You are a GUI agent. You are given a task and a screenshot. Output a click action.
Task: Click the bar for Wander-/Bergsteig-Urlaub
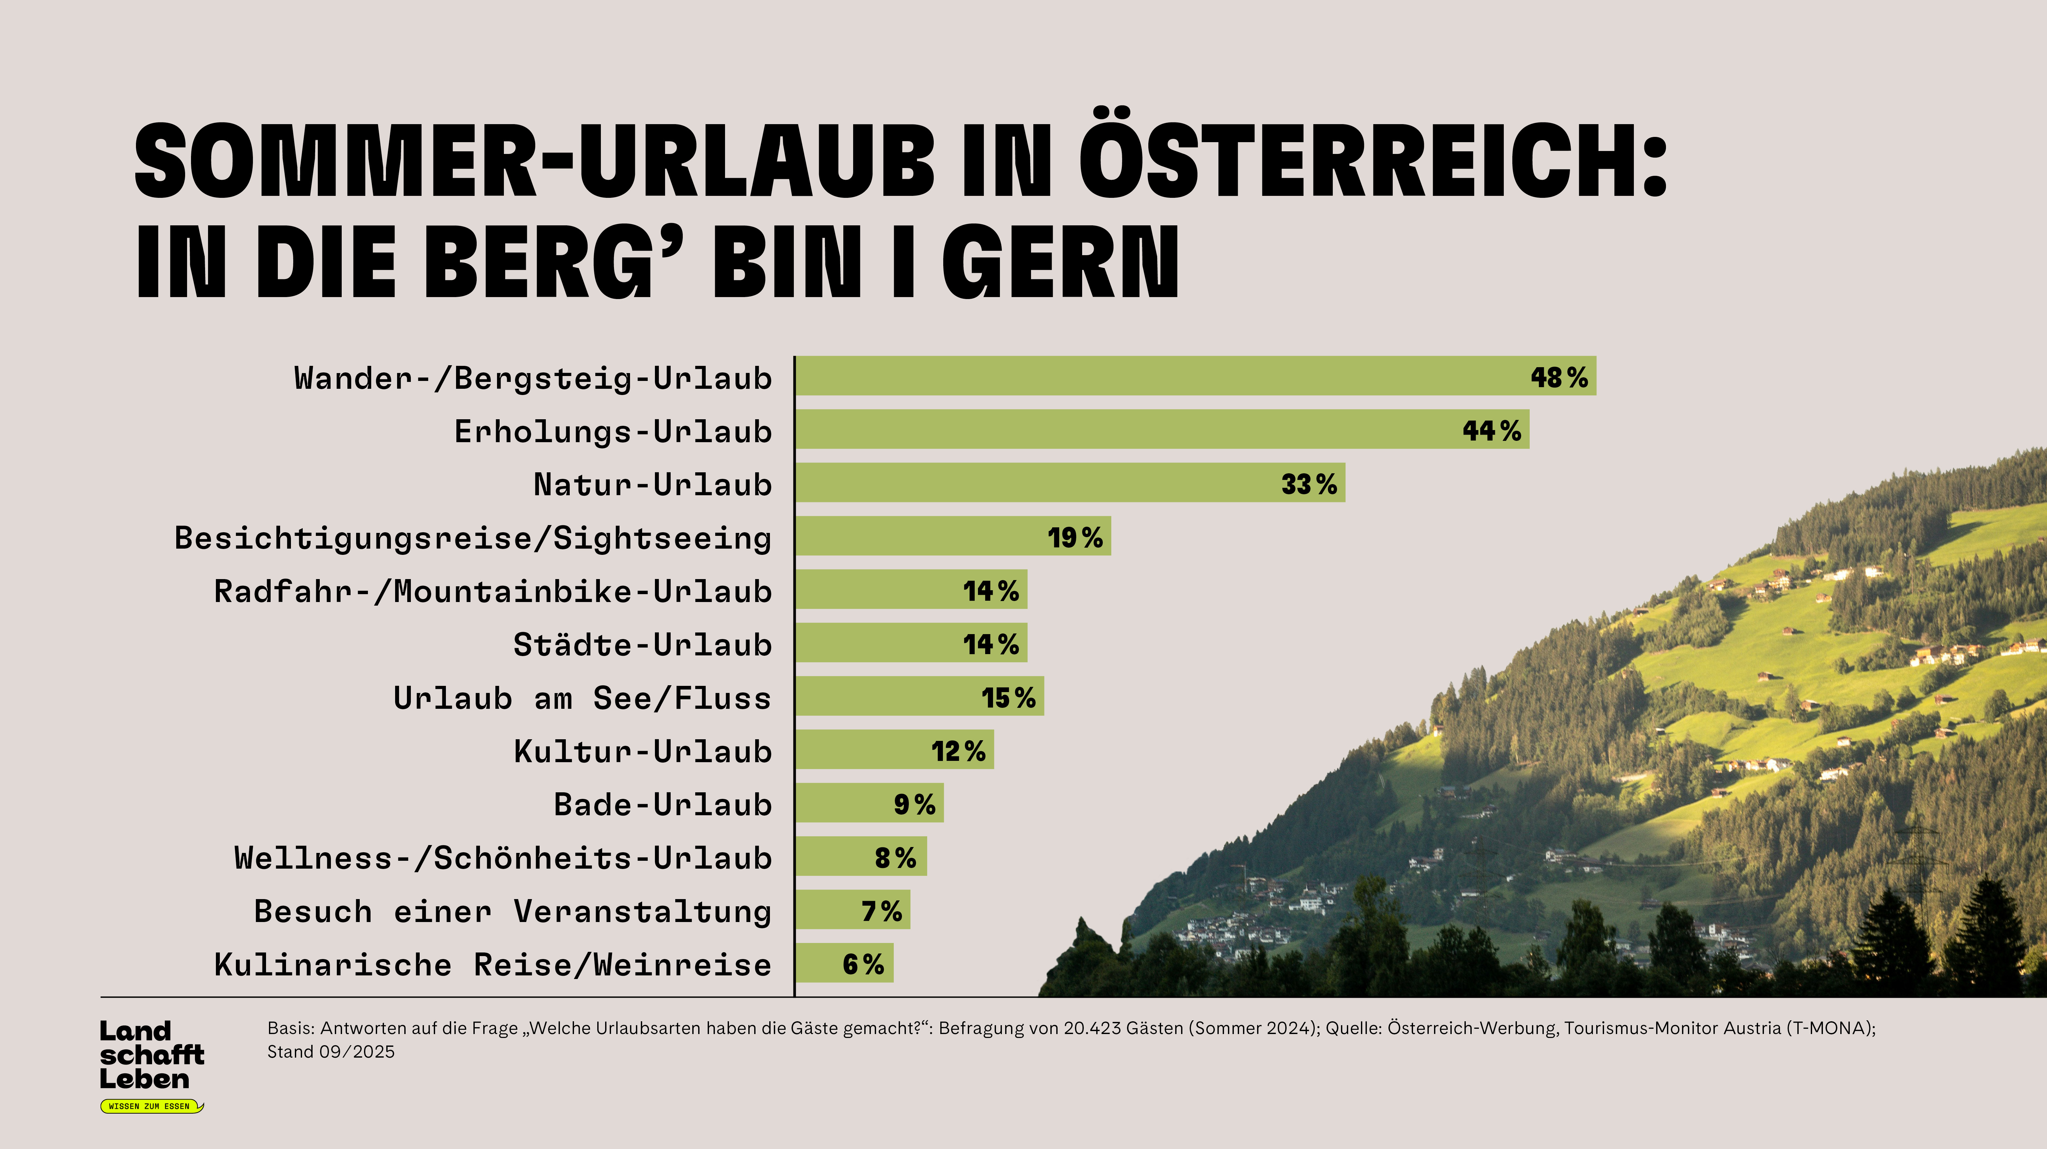[1192, 376]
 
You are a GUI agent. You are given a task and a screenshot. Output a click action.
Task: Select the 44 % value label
[1492, 431]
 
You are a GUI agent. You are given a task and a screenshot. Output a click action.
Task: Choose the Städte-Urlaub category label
[642, 644]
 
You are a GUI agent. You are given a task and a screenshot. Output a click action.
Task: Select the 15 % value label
[1007, 698]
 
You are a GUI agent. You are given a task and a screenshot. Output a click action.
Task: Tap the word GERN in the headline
[1061, 262]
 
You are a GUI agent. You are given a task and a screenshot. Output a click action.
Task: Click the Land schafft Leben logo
[151, 1055]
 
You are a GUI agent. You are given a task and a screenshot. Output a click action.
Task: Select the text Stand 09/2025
[331, 1052]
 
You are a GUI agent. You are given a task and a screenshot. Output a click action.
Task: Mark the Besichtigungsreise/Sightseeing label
[473, 538]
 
